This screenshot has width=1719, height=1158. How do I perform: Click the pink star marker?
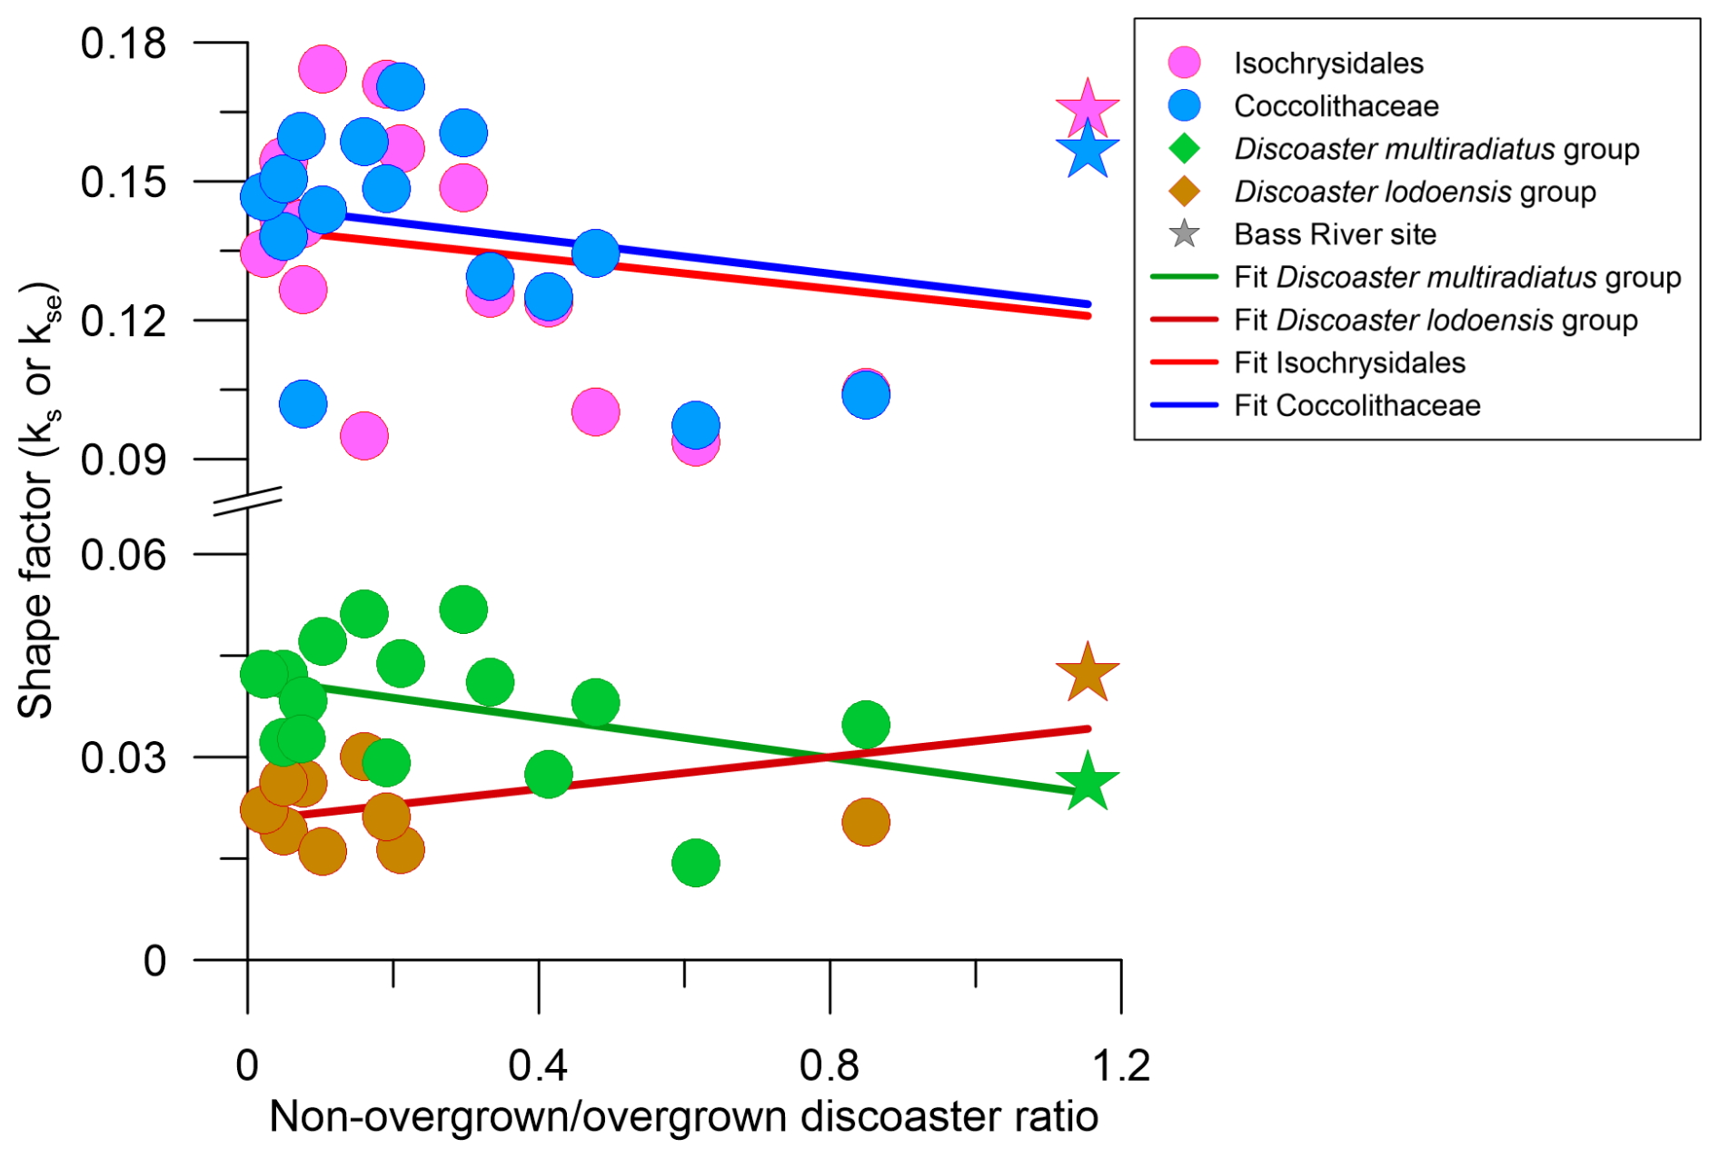pos(1087,108)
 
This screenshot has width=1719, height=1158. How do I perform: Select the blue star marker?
pos(1087,151)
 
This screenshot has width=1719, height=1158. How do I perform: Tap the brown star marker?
pos(1087,675)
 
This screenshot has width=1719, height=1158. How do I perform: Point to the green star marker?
pos(1087,782)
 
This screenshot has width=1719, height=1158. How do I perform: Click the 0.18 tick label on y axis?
pos(124,43)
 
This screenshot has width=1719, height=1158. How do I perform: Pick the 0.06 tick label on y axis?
pos(124,554)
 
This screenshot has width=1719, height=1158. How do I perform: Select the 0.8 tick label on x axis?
pos(830,1064)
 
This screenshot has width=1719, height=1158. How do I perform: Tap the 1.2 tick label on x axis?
pos(1121,1064)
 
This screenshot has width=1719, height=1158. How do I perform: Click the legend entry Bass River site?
pos(1334,234)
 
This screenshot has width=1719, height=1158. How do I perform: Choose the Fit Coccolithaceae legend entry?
pos(1356,405)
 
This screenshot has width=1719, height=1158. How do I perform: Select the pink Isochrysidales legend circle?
pos(1184,63)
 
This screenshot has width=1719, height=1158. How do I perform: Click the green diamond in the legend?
pos(1184,148)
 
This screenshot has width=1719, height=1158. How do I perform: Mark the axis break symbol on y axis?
pos(248,500)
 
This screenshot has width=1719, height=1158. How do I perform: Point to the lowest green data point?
pos(696,863)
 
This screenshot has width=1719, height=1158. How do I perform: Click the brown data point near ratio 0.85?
pos(866,822)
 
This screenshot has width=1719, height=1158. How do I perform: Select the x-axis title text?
pos(683,1116)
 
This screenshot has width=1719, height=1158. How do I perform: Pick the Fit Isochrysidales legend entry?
pos(1348,362)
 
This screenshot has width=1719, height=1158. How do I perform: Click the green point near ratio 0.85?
pos(866,725)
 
